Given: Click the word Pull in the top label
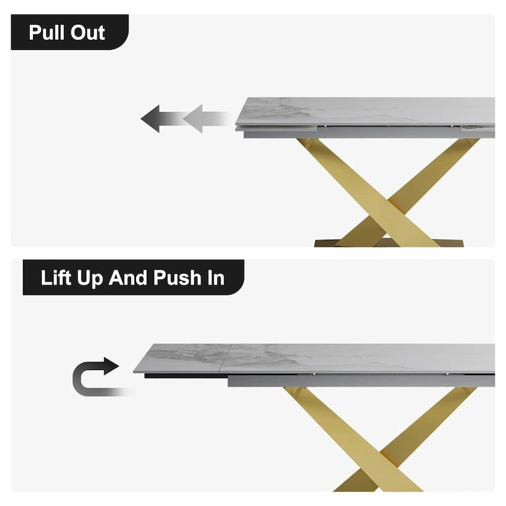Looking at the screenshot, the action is (47, 33).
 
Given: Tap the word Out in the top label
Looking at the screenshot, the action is (88, 33).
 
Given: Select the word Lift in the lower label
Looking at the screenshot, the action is (56, 278).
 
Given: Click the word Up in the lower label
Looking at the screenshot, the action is (90, 279).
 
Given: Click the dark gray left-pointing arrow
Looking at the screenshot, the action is (161, 118).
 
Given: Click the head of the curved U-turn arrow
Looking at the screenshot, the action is (111, 366).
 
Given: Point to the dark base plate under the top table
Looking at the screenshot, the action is (389, 243).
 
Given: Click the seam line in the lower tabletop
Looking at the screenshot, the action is (225, 359).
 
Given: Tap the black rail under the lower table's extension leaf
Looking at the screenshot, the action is (186, 376).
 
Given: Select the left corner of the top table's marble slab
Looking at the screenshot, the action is (236, 124).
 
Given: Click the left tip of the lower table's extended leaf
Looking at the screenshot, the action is (133, 372).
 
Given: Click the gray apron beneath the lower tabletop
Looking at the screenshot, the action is (361, 381).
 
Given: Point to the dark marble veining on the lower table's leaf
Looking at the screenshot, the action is (194, 354).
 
